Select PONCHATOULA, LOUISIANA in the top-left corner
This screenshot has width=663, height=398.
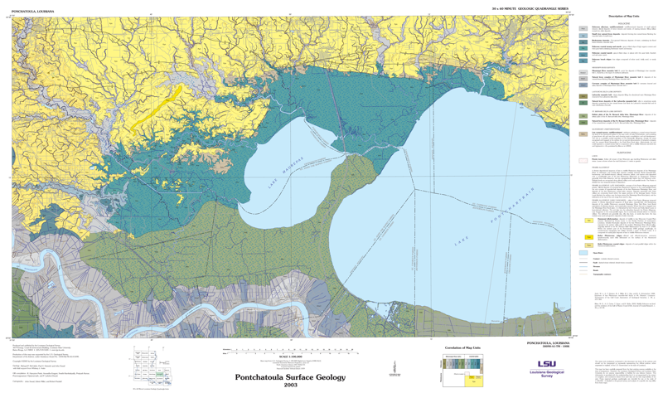coord(33,12)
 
